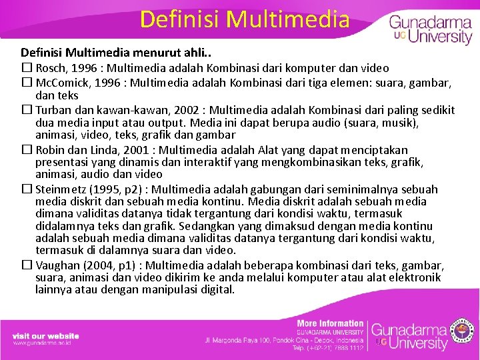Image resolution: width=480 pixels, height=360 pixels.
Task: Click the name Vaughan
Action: tap(57, 265)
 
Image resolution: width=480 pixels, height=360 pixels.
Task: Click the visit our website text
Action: tap(45, 336)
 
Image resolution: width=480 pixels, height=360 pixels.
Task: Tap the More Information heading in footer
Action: tap(330, 323)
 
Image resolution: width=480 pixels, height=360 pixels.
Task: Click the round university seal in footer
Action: tap(463, 331)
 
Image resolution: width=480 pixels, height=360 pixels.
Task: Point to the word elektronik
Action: tap(415, 277)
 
